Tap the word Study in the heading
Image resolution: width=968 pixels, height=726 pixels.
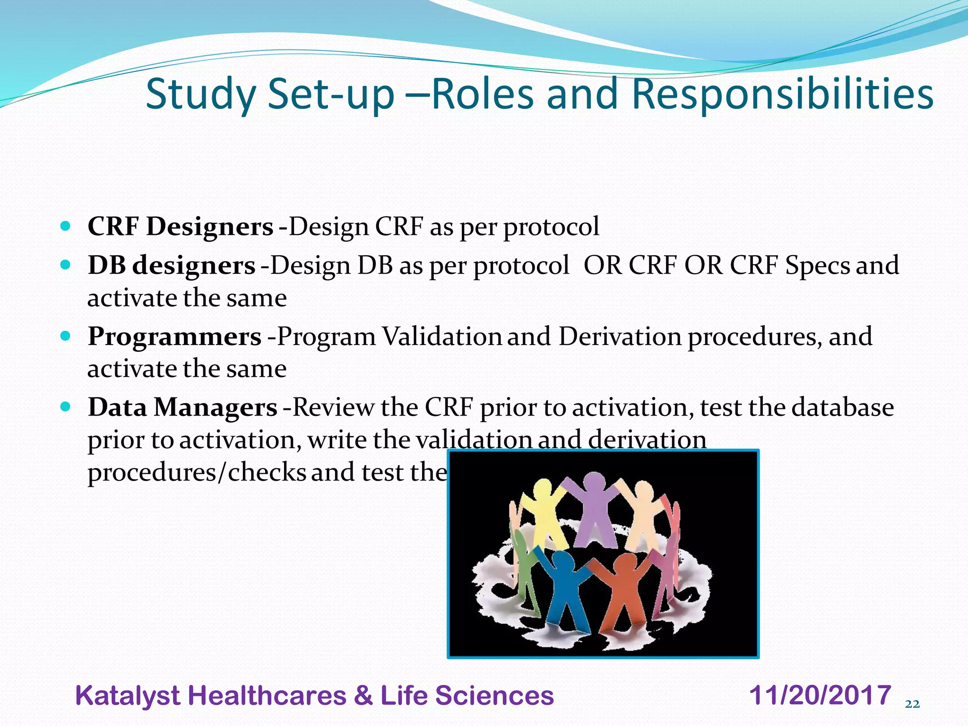point(201,95)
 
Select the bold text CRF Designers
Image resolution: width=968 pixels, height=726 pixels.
point(180,226)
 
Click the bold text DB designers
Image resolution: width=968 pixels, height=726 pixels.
point(171,265)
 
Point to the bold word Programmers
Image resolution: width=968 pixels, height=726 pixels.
point(174,337)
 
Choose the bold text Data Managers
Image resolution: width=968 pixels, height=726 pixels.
point(182,407)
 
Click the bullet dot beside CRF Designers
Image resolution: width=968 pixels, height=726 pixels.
point(66,226)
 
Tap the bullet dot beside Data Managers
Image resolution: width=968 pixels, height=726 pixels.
point(66,406)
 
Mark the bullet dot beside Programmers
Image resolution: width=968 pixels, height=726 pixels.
point(66,336)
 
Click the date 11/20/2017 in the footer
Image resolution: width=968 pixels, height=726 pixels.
point(820,695)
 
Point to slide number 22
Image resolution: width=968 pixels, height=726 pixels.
point(912,704)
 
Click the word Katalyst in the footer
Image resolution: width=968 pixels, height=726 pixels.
point(128,696)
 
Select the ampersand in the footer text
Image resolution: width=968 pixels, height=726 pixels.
point(363,696)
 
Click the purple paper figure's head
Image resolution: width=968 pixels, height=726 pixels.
point(594,483)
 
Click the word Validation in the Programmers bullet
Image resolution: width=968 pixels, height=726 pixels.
point(441,337)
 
